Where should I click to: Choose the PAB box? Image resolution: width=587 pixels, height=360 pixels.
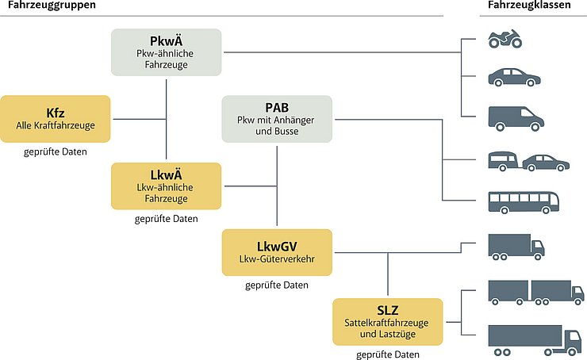(x=277, y=118)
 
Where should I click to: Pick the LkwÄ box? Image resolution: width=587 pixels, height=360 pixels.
(x=167, y=186)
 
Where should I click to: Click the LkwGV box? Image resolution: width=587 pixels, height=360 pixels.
(x=277, y=252)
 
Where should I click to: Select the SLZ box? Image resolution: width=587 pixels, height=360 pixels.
(x=388, y=321)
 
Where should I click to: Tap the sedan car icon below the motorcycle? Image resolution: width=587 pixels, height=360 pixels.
(x=514, y=78)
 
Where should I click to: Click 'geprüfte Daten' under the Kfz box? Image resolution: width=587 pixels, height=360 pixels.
(x=56, y=151)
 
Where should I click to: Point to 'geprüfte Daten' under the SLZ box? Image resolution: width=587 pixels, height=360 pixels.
(x=388, y=354)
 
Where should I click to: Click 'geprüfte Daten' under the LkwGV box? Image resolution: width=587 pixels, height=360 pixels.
(x=277, y=285)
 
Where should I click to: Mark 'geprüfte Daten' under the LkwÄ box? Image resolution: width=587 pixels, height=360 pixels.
(x=167, y=218)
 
